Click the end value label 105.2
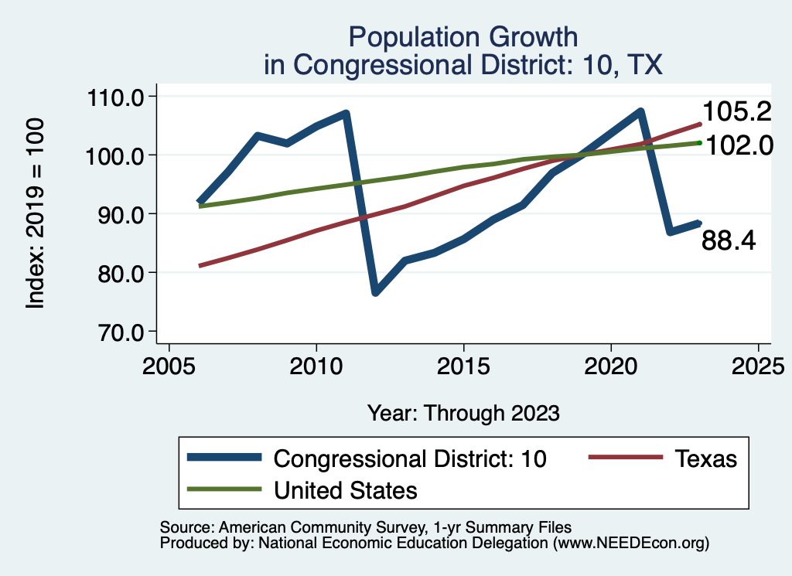click(x=736, y=112)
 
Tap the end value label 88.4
click(x=729, y=241)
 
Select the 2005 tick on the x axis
click(x=169, y=364)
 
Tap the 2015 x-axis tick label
click(x=463, y=364)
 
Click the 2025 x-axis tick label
click(x=758, y=364)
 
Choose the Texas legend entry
click(x=705, y=458)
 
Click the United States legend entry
click(x=346, y=489)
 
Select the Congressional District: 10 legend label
click(x=411, y=458)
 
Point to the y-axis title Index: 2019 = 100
click(x=36, y=214)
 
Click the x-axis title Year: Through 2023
click(x=463, y=413)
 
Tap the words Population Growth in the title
click(x=463, y=36)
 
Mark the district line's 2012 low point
click(x=375, y=292)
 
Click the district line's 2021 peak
click(x=640, y=112)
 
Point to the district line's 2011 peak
click(x=345, y=114)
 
